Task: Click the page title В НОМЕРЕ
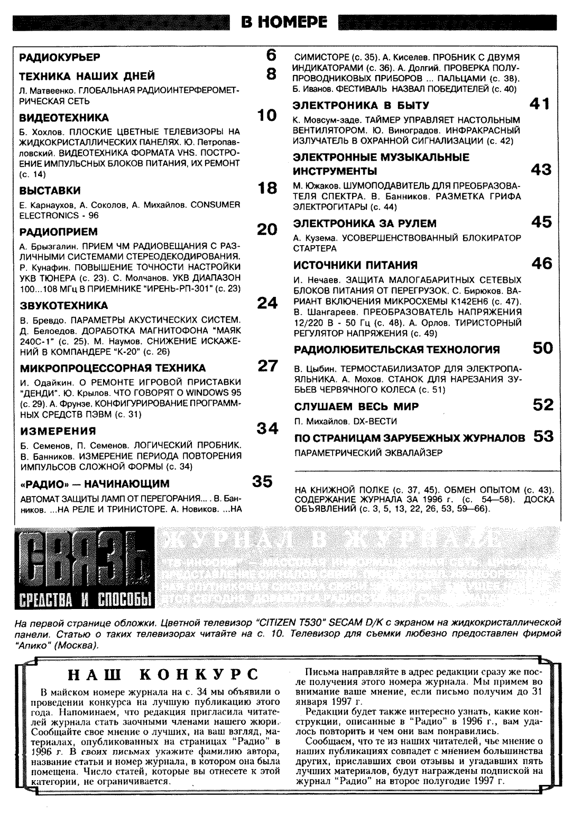click(x=284, y=22)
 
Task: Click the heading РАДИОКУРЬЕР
click(x=60, y=57)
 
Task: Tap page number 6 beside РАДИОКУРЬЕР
click(x=271, y=55)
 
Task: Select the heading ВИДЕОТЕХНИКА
click(x=64, y=117)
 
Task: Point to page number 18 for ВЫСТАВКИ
click(x=267, y=188)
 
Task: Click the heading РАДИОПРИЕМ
click(x=59, y=231)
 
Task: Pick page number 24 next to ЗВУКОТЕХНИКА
click(x=267, y=303)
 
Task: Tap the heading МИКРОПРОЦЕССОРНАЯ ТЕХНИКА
click(x=113, y=368)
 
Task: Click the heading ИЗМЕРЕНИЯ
click(x=58, y=430)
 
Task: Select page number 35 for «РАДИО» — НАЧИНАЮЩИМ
click(x=262, y=481)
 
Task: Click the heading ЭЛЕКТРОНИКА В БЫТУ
click(x=361, y=105)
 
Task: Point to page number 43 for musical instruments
click(x=541, y=170)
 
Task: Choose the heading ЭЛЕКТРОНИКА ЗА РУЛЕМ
click(x=365, y=223)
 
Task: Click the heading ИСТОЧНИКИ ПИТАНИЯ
click(x=355, y=265)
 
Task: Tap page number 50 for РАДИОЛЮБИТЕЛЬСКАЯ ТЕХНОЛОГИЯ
click(x=542, y=348)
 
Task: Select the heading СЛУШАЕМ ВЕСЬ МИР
click(x=356, y=406)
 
